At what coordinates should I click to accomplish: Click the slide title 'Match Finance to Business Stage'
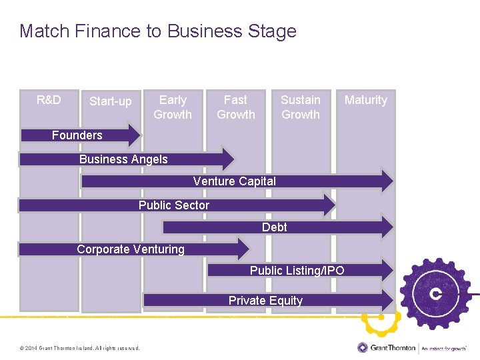(158, 31)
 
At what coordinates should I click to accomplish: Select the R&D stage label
(49, 100)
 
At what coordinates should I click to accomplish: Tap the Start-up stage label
(111, 101)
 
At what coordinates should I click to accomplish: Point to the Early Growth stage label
(173, 107)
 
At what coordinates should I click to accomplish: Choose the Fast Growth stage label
(235, 107)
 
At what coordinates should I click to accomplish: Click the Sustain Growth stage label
(301, 107)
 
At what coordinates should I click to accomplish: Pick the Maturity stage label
(365, 100)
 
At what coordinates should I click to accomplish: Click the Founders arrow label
(77, 135)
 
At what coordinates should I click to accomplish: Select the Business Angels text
(123, 159)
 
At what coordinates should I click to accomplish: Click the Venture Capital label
(235, 181)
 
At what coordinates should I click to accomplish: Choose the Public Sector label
(174, 205)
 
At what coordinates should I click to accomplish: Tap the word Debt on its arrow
(275, 227)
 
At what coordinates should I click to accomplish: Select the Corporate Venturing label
(131, 249)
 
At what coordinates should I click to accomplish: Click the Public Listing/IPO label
(297, 270)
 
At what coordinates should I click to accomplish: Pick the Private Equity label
(265, 301)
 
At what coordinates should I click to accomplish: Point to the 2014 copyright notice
(80, 348)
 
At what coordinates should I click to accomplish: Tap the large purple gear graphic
(437, 293)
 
